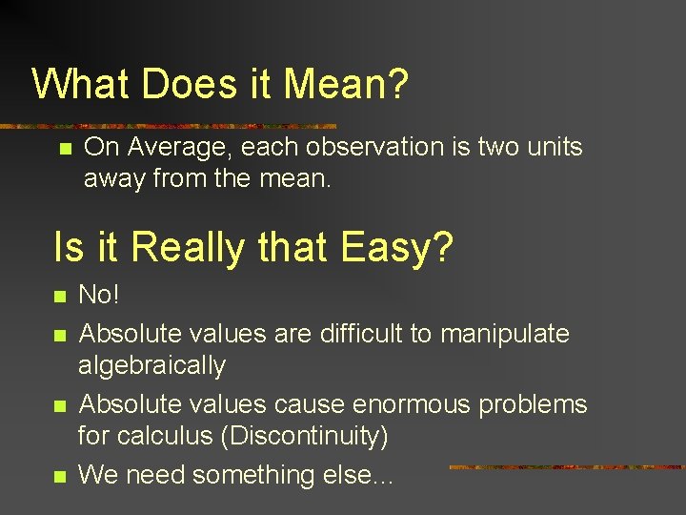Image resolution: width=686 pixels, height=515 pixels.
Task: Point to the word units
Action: point(549,148)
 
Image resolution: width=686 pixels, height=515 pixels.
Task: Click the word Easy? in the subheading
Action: point(396,248)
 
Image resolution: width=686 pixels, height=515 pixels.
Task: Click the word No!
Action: point(99,295)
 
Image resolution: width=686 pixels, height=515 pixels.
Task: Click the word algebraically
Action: point(151,366)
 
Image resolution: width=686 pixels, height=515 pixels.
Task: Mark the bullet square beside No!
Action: point(60,297)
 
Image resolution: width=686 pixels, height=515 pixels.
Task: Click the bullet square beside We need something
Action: point(60,476)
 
